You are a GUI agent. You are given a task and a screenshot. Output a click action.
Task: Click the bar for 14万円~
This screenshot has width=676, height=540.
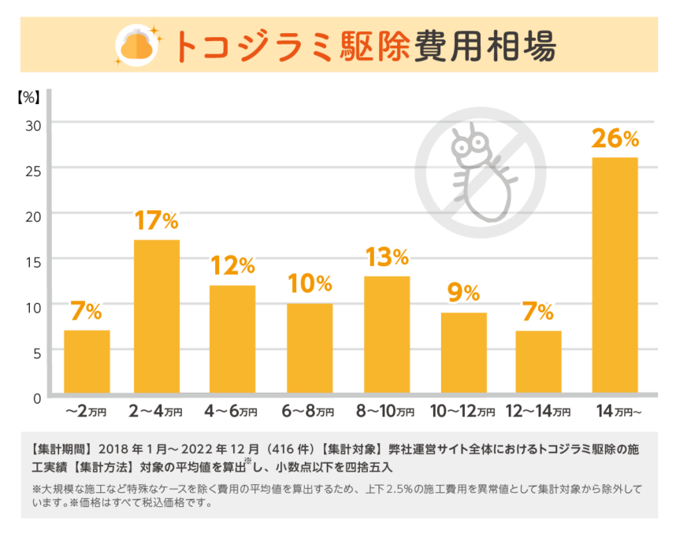pyautogui.click(x=615, y=276)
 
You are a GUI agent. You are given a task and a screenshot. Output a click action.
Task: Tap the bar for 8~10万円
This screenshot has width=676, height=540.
pyautogui.click(x=387, y=335)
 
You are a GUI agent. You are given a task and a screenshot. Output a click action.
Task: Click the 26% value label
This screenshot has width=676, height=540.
pyautogui.click(x=615, y=139)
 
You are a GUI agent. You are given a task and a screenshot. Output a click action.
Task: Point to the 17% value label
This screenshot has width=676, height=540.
pyautogui.click(x=157, y=221)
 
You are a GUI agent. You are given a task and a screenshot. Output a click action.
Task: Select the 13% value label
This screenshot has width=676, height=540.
pyautogui.click(x=387, y=257)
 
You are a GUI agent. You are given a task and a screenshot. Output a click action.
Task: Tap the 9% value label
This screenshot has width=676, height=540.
pyautogui.click(x=463, y=294)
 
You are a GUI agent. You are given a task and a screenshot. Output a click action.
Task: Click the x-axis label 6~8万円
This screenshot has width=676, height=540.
pyautogui.click(x=308, y=412)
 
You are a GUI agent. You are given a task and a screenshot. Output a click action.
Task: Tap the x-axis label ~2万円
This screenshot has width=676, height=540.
pyautogui.click(x=84, y=412)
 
